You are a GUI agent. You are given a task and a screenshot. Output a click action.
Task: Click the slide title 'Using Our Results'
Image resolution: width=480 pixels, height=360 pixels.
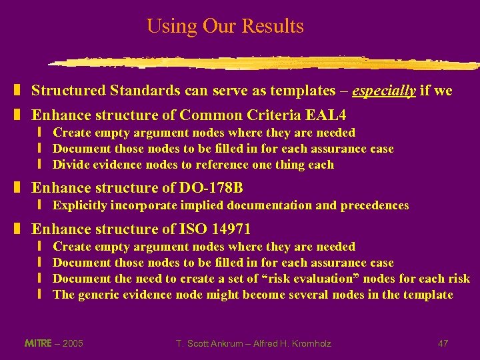click(x=225, y=26)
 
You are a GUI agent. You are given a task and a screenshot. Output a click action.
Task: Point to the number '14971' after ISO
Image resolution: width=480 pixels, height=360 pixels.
click(x=231, y=229)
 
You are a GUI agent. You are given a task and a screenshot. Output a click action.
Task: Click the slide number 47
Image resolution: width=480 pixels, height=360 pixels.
click(x=443, y=343)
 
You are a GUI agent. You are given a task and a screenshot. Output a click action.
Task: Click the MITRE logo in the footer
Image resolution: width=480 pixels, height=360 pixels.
click(x=37, y=343)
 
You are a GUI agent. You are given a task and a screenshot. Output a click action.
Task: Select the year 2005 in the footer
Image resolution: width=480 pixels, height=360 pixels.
click(x=72, y=343)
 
